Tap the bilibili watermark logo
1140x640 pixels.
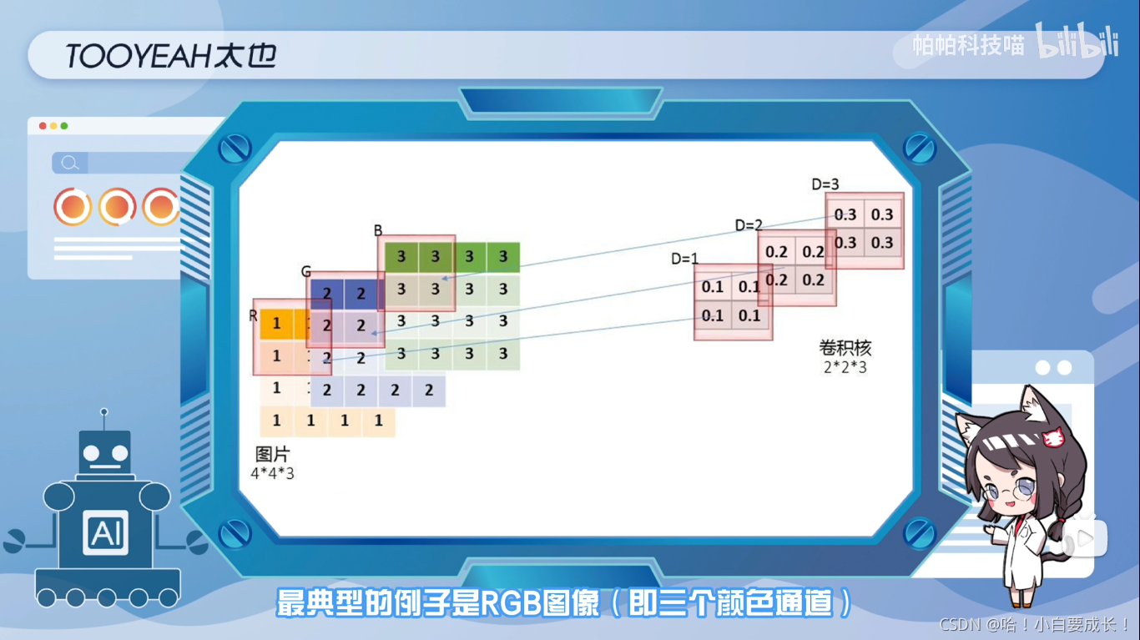coord(1077,42)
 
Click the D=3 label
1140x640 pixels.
coord(825,184)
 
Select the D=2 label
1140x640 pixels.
coord(749,225)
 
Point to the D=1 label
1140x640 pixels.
coord(684,259)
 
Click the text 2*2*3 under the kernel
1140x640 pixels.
coord(845,366)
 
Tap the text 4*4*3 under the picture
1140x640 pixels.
coord(273,473)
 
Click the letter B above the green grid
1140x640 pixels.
coord(378,229)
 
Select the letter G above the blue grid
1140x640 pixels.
coord(305,272)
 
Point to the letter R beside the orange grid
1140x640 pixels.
coord(253,315)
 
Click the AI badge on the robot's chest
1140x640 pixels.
coord(105,532)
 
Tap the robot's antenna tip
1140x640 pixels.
coord(104,411)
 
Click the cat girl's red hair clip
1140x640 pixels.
coord(1054,436)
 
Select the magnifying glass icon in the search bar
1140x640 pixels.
coord(70,163)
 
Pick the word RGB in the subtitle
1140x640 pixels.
coord(510,602)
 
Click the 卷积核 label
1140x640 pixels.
coord(845,348)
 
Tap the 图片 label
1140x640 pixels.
coord(272,455)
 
